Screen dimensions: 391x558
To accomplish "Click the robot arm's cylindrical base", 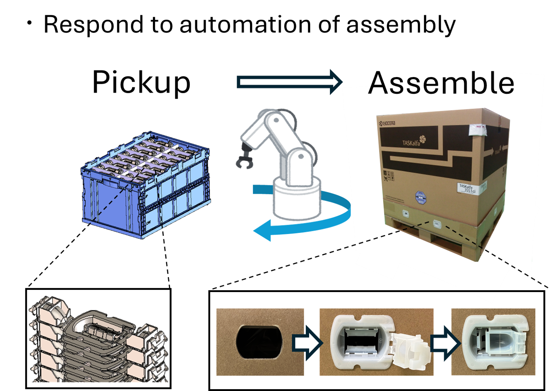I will pos(296,199).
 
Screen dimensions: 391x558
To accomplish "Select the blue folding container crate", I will pos(145,186).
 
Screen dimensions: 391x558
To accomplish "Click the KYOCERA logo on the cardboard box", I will pos(387,123).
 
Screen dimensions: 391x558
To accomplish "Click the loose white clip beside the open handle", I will pos(409,350).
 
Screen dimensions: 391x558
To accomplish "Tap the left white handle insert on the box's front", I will pos(405,213).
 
